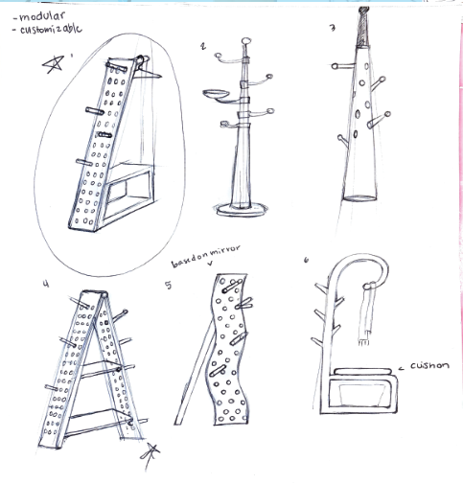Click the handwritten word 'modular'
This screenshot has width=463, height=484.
42,16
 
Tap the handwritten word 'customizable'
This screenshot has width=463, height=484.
51,30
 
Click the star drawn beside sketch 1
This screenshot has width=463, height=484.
54,64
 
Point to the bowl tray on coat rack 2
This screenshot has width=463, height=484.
216,94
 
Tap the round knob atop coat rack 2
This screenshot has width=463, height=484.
246,41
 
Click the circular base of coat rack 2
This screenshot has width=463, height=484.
242,210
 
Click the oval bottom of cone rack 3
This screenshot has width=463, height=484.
359,198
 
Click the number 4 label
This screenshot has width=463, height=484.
47,284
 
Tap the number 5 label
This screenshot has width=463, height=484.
169,285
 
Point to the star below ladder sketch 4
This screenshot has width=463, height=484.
150,452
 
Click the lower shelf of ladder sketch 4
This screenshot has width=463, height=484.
99,422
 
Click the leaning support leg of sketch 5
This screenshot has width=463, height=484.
195,372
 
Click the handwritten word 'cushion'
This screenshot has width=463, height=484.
429,365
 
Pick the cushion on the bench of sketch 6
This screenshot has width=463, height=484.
363,372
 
